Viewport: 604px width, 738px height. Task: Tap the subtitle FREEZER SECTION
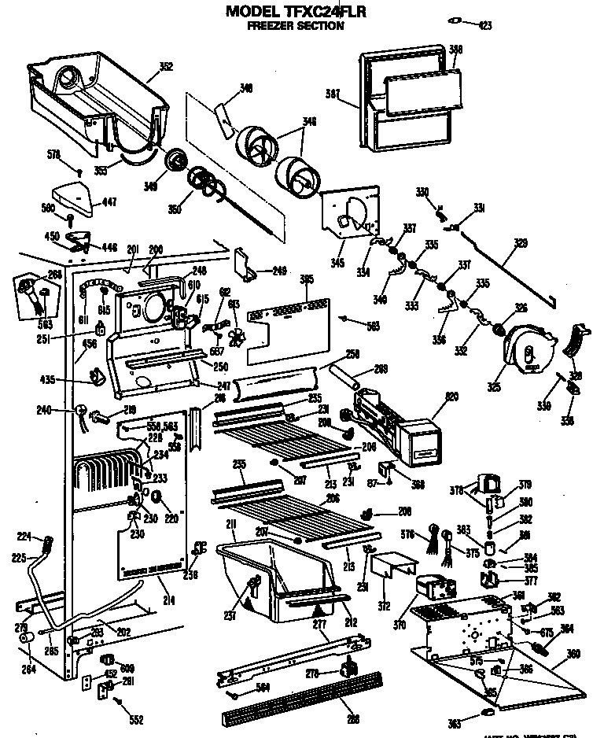(295, 25)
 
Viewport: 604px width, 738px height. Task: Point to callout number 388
(455, 50)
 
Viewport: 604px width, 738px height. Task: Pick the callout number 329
(521, 243)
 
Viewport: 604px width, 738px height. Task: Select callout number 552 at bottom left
(135, 719)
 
